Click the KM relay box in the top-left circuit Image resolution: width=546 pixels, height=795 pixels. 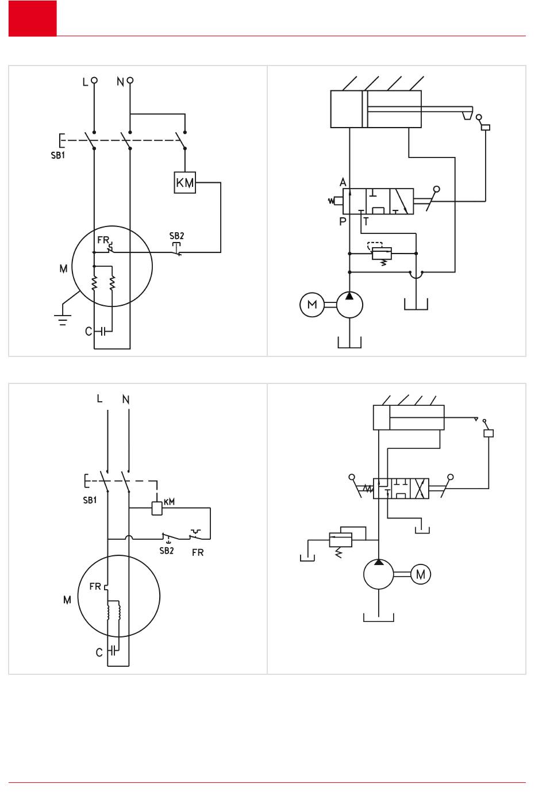[185, 182]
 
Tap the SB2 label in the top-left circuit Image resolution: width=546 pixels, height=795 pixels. [176, 236]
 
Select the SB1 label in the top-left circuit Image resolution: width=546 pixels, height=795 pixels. [58, 155]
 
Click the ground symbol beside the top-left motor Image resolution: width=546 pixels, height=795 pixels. [63, 320]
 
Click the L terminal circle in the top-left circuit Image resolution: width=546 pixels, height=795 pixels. [94, 80]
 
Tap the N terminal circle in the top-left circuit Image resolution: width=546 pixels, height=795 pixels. [130, 80]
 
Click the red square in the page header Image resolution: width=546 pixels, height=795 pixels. [33, 18]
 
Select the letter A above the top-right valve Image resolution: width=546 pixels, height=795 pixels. [343, 182]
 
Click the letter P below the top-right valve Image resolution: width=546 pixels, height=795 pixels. [343, 221]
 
